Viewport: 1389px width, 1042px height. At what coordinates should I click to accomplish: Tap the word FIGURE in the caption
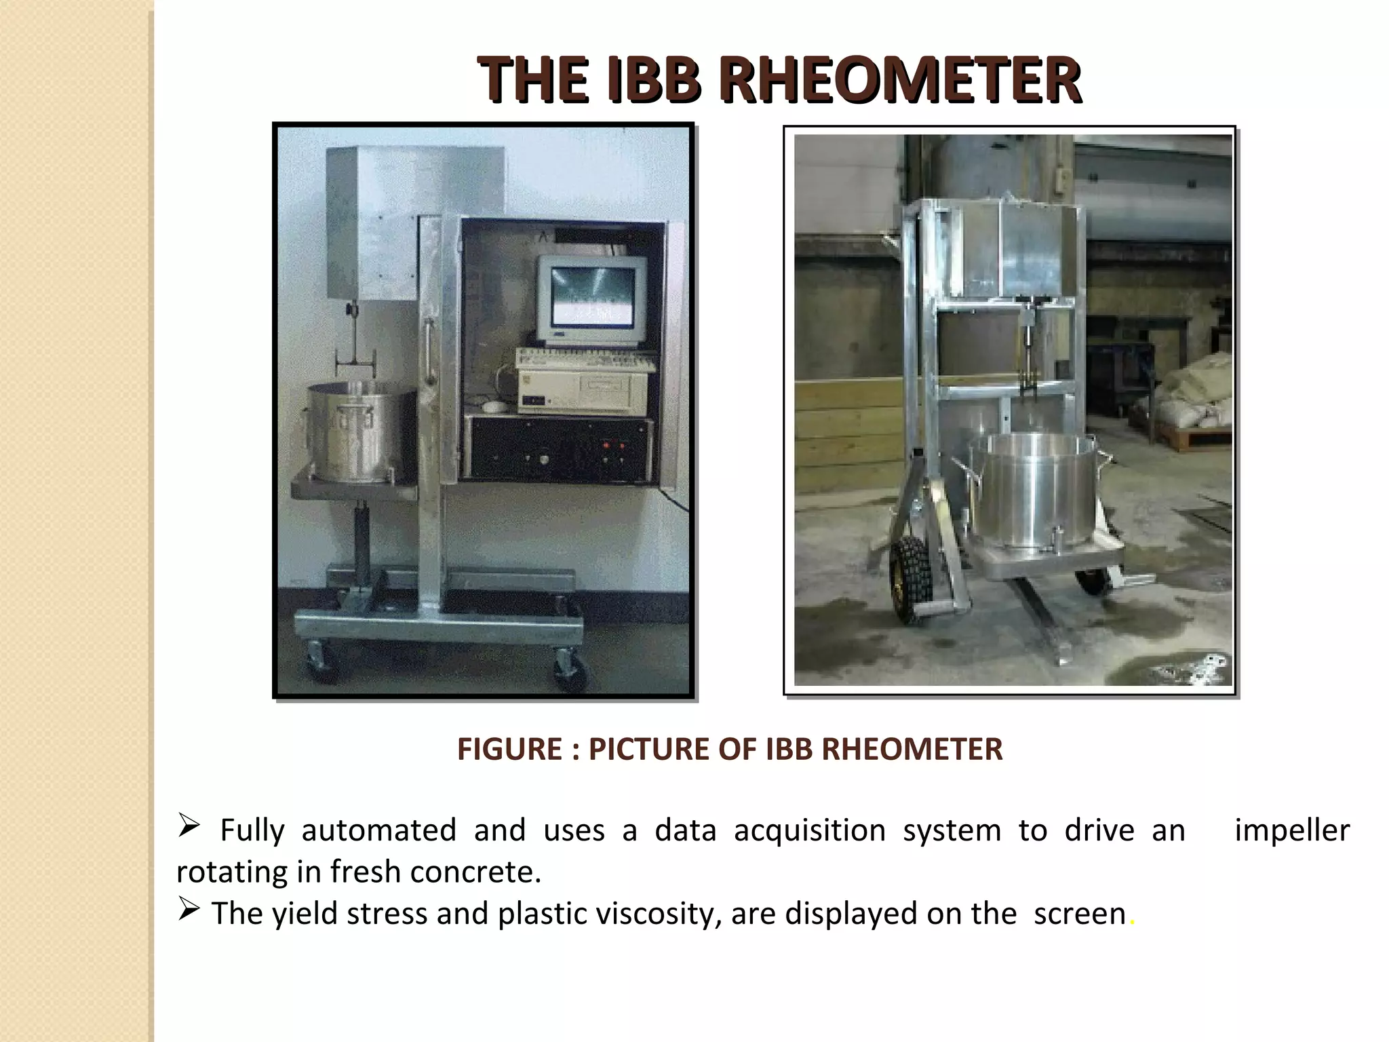[509, 750]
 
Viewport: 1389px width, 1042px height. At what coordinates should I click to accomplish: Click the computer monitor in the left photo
[592, 298]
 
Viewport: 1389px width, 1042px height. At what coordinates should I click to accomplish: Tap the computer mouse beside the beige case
[494, 406]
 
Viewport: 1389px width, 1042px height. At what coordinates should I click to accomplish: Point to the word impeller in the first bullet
[1292, 831]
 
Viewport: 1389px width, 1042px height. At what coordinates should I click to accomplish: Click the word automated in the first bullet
[378, 831]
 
